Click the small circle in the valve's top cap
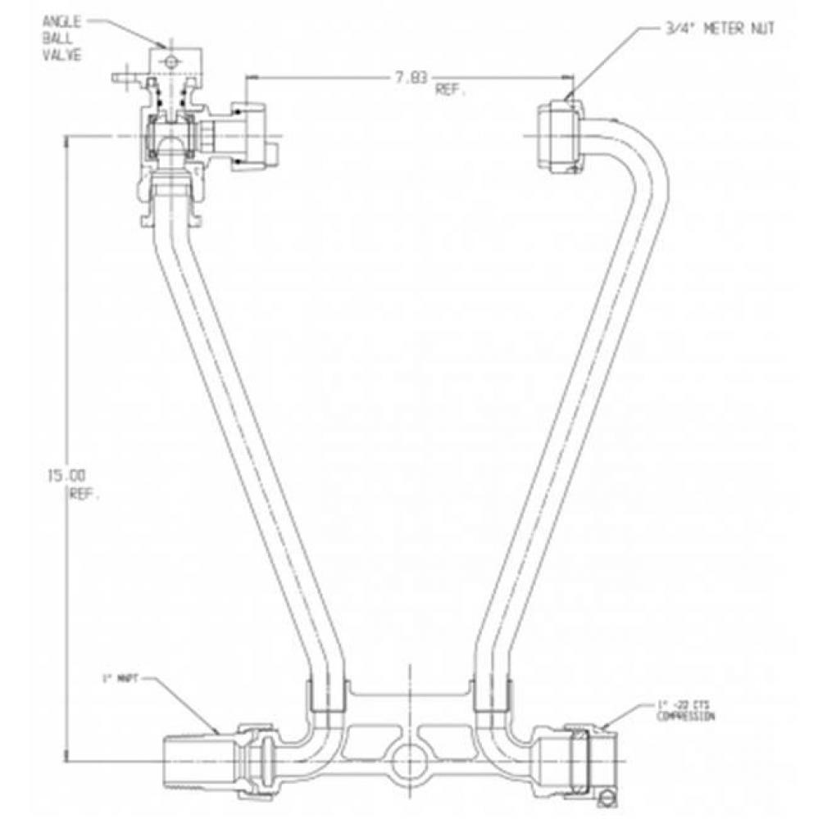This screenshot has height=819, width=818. (170, 61)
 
